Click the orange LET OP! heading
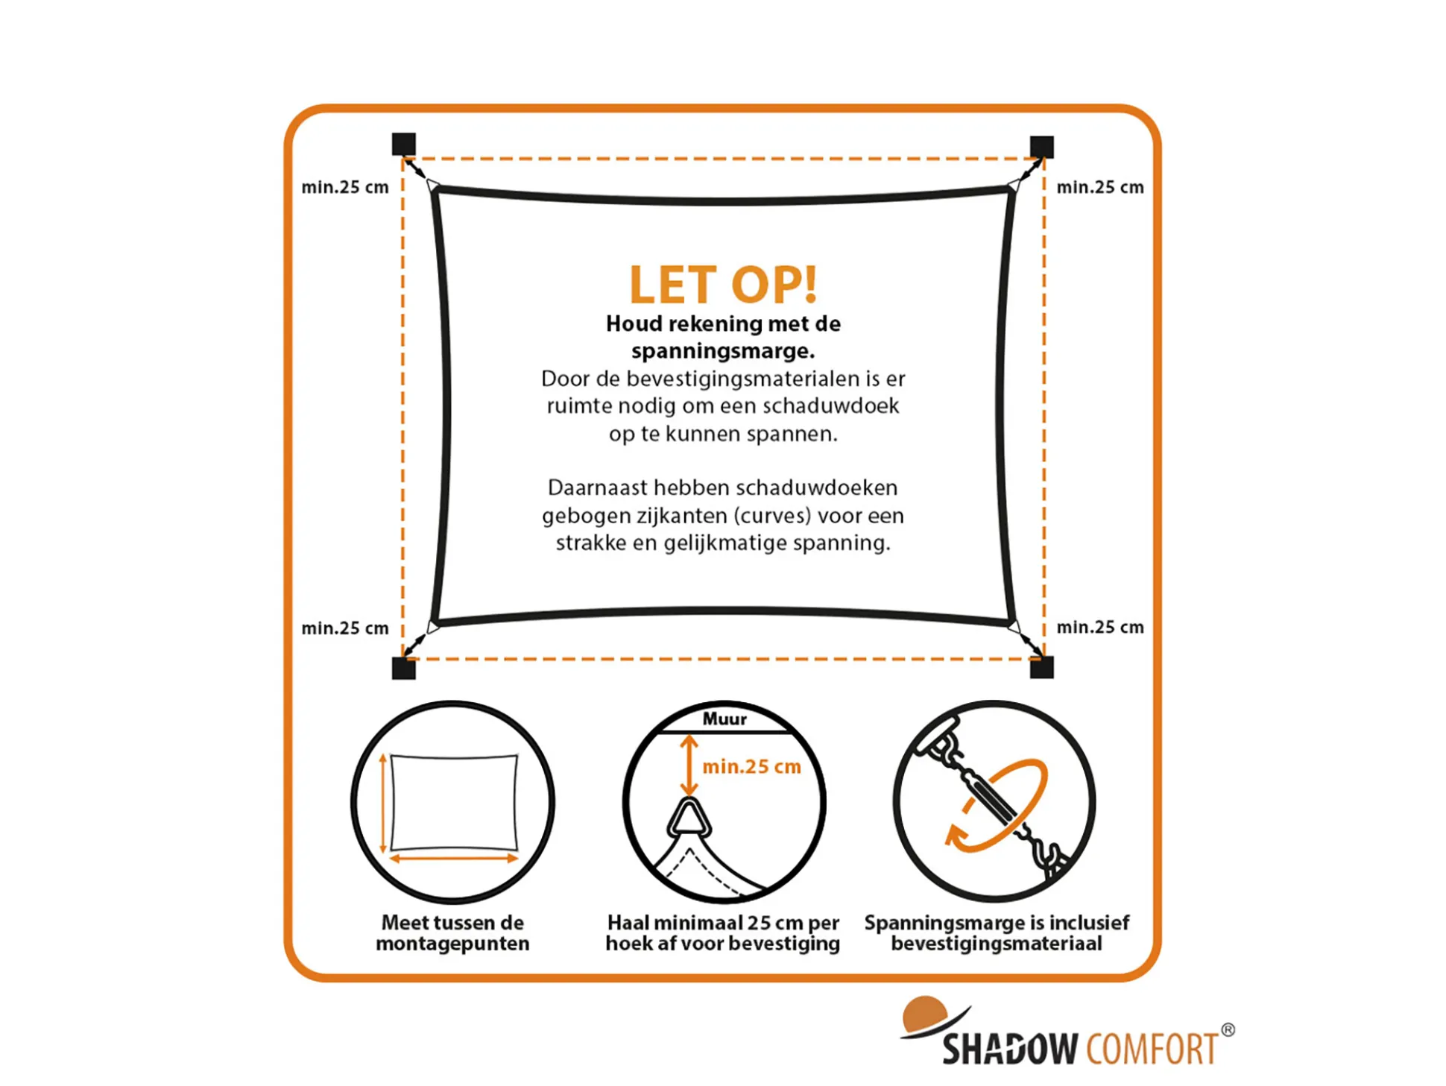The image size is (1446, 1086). click(x=722, y=284)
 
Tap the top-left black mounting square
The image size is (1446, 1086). click(x=403, y=145)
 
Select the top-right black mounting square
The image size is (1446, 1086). click(x=1041, y=147)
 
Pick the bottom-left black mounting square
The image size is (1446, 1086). click(x=403, y=668)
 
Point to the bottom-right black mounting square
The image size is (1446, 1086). click(x=1041, y=667)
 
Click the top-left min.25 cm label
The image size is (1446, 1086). click(x=345, y=187)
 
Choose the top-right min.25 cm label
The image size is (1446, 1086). click(x=1100, y=187)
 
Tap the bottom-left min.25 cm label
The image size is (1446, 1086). click(x=345, y=628)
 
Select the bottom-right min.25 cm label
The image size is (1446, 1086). click(x=1100, y=628)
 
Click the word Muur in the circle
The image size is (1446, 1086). click(x=724, y=719)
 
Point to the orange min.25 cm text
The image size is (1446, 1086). click(x=751, y=766)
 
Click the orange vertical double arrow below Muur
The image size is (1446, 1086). click(x=689, y=765)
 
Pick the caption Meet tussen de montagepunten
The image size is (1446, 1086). click(x=452, y=932)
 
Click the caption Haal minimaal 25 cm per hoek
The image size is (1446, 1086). click(x=722, y=932)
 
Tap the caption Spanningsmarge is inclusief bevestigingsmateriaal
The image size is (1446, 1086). click(x=997, y=932)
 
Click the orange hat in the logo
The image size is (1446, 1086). click(x=924, y=1014)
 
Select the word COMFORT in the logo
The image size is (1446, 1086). click(x=1152, y=1049)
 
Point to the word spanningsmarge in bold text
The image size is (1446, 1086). click(x=723, y=351)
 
